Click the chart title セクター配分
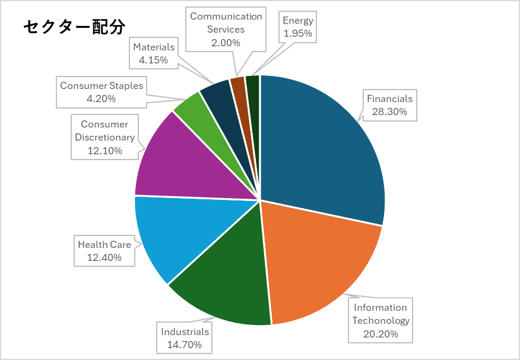pos(74,27)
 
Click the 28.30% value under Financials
pos(389,111)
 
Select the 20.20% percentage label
pos(381,333)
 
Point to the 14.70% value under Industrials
pos(185,345)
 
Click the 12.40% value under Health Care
pos(104,257)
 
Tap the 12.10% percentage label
pos(104,151)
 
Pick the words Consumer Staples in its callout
pos(102,86)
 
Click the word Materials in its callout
pos(154,47)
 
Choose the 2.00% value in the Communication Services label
pos(226,43)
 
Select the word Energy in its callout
pos(298,21)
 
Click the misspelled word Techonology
pos(381,320)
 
